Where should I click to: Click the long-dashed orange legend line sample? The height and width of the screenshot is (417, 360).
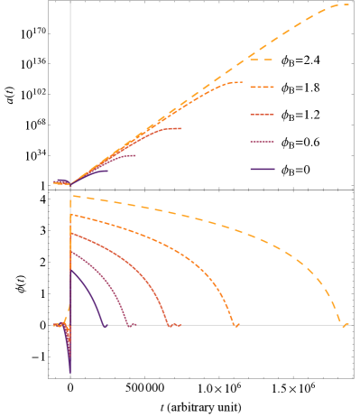tap(262, 60)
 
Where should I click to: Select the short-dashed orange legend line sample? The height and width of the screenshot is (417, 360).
tap(262, 88)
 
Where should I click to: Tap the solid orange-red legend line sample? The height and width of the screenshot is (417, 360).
tap(262, 115)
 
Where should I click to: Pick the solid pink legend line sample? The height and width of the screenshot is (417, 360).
tap(262, 142)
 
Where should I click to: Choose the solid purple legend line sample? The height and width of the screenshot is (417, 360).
tap(262, 169)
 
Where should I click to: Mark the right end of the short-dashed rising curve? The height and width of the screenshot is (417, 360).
tap(243, 83)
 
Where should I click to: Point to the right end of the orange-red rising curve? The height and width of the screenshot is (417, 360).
tap(181, 128)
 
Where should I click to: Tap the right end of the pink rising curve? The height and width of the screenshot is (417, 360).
tap(136, 155)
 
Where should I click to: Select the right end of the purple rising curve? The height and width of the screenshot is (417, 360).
tap(107, 171)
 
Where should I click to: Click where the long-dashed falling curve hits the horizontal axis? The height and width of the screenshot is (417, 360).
tap(343, 325)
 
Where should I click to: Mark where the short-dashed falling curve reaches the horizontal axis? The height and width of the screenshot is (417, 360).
tap(234, 325)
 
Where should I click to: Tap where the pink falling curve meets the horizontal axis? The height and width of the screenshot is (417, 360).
tap(129, 325)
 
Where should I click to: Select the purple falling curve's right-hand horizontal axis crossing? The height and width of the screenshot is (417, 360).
tap(103, 325)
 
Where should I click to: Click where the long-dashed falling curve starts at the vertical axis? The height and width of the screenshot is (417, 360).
tap(71, 195)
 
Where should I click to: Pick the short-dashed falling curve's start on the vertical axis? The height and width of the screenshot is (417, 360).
tap(71, 215)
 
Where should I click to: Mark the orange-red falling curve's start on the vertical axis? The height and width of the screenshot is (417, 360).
tap(71, 233)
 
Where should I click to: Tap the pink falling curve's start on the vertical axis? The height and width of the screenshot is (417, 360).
tap(71, 252)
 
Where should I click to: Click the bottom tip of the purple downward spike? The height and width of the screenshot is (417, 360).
tap(70, 373)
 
